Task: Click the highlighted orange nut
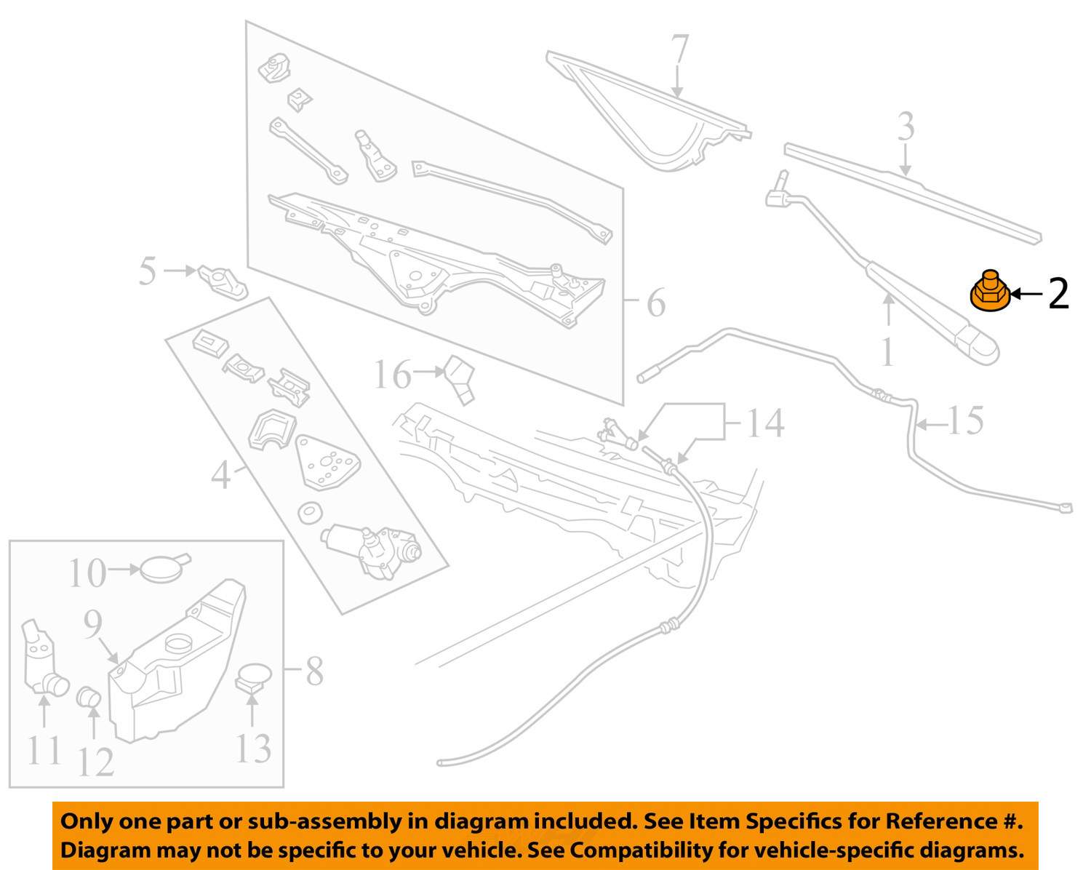coord(990,291)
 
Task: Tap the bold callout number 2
coord(1058,294)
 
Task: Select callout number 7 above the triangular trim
coord(680,49)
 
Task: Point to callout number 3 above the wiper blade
coord(906,127)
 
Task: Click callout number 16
coord(392,375)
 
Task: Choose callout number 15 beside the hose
coord(965,420)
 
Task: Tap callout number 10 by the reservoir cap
coord(87,573)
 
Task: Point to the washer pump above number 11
coord(44,658)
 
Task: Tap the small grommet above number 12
coord(89,697)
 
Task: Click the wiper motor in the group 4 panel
coord(371,551)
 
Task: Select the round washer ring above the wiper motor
coord(309,514)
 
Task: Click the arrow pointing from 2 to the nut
coord(1028,294)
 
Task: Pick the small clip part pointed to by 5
coord(223,282)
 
